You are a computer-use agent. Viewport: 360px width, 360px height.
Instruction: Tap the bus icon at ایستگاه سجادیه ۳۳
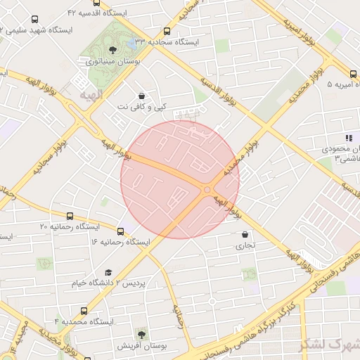167,31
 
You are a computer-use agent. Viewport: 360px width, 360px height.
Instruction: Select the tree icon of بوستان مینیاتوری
113,49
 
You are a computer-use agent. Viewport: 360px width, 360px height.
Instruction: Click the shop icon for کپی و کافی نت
142,95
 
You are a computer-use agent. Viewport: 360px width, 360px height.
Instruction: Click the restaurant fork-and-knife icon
347,138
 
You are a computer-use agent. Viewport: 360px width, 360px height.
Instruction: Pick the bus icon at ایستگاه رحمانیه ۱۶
121,231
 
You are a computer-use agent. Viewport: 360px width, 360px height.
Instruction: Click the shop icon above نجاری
245,235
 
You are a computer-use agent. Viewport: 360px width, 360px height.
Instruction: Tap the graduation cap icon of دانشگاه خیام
108,272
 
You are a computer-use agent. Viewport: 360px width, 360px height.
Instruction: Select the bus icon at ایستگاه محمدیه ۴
85,310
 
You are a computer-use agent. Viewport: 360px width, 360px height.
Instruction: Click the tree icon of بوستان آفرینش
141,333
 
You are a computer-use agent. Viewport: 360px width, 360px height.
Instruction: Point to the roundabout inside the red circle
207,189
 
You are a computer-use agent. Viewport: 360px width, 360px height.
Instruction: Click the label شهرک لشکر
330,345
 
